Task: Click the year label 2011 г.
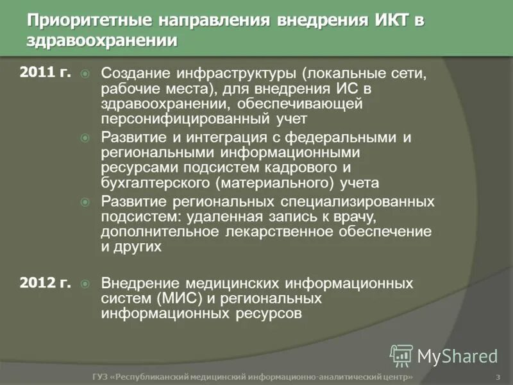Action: [x=45, y=72]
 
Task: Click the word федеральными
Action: [x=341, y=137]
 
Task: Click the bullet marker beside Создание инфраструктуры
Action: [x=85, y=73]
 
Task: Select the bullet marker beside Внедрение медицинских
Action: [x=85, y=283]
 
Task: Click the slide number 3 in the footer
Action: [x=498, y=377]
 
